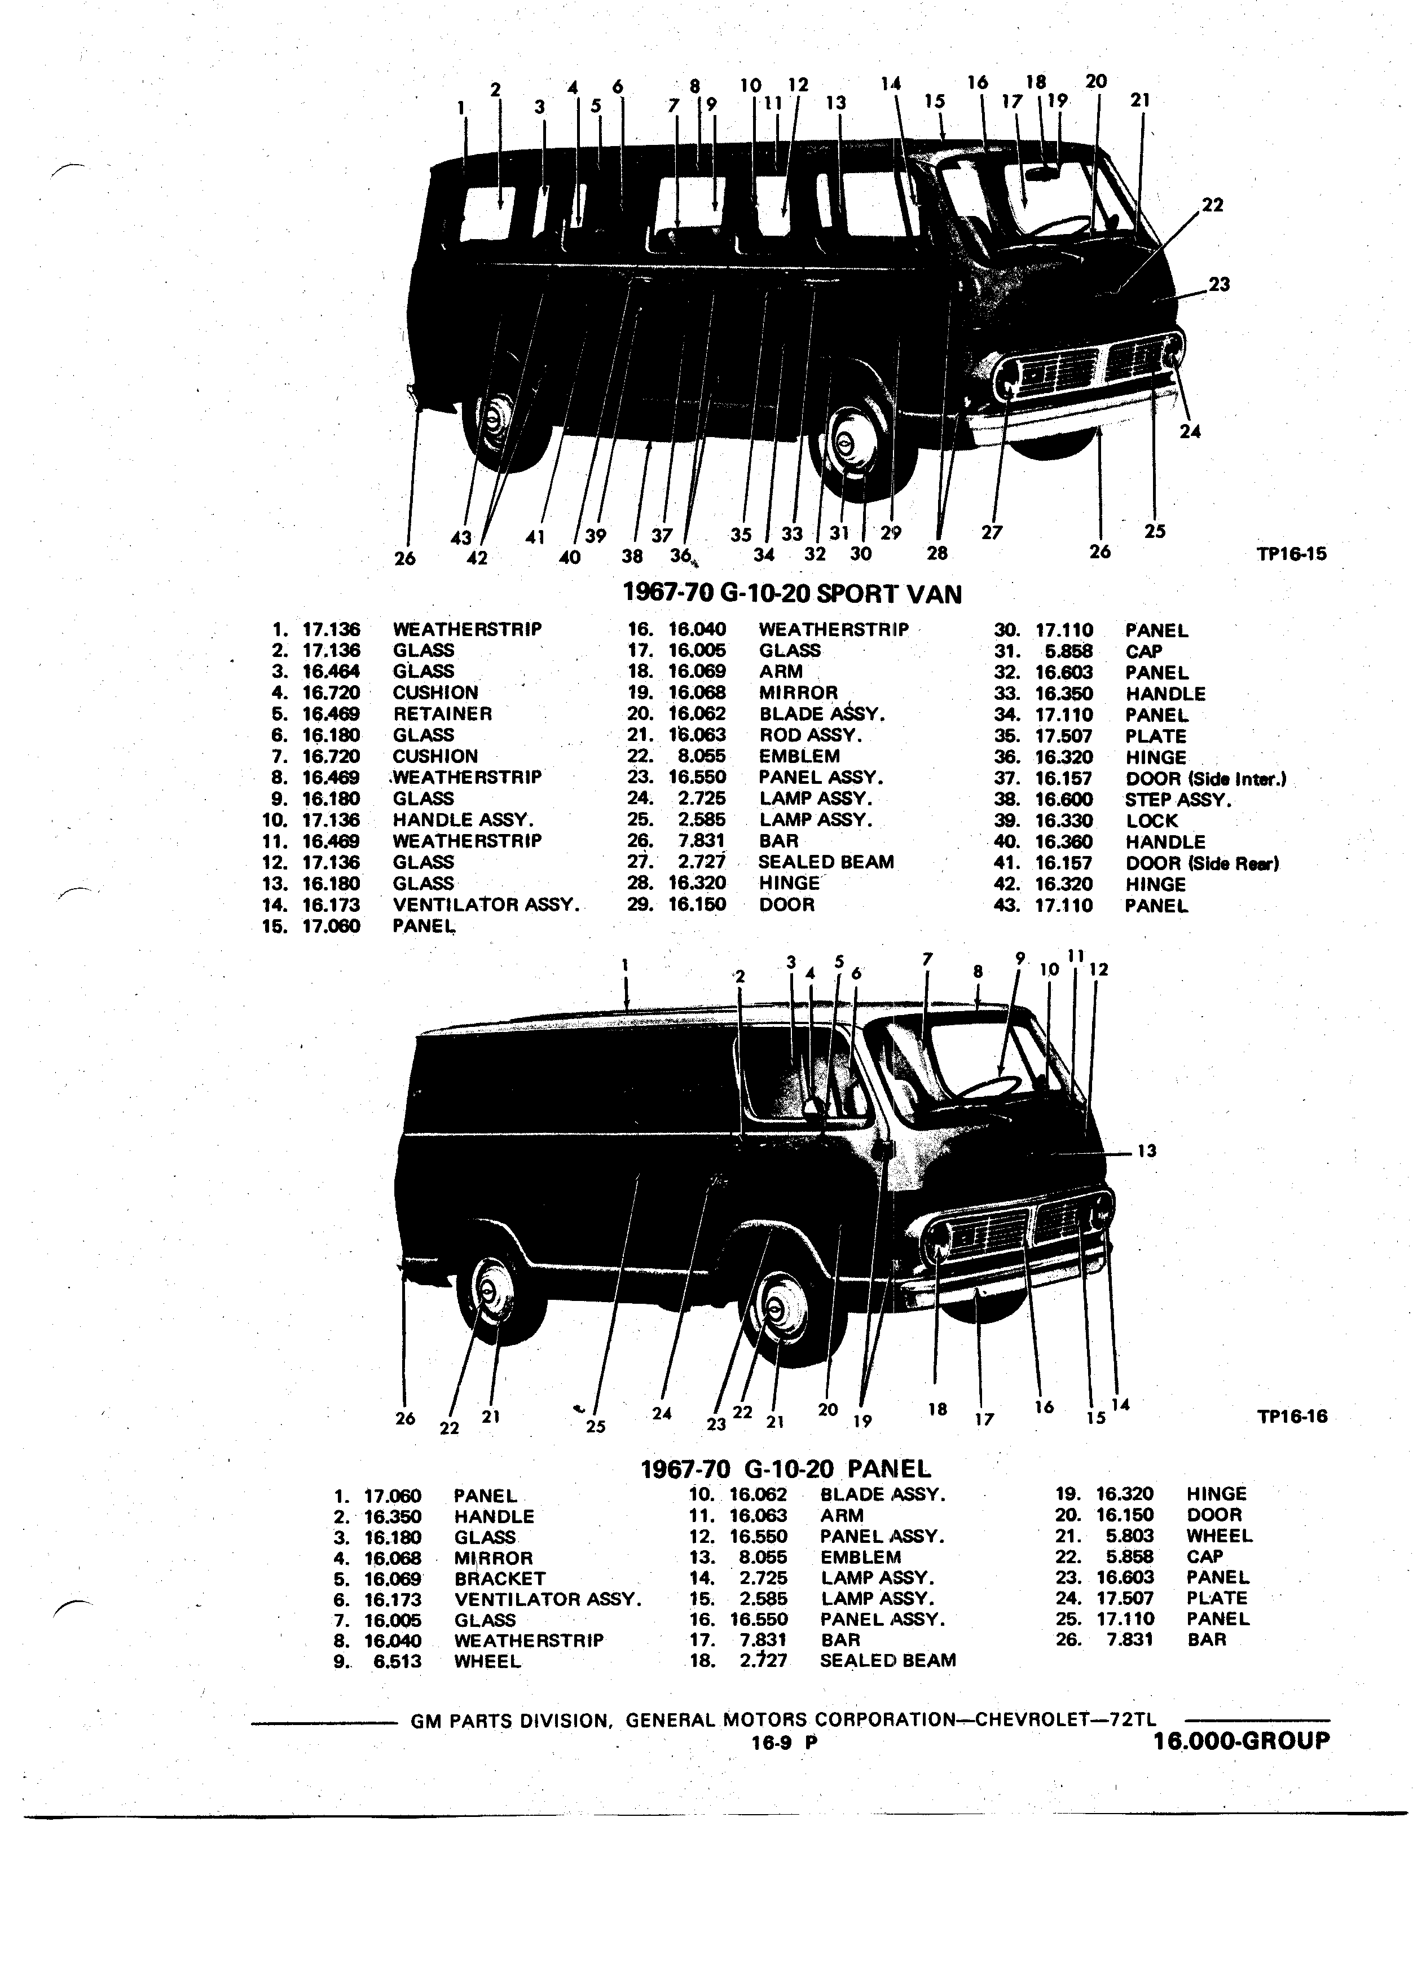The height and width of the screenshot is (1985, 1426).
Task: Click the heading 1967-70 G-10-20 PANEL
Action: coord(786,1468)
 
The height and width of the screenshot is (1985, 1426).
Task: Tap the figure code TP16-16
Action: coord(1291,1416)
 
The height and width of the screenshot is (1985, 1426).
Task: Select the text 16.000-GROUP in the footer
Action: coord(1242,1741)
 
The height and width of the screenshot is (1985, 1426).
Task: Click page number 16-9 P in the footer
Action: coord(784,1742)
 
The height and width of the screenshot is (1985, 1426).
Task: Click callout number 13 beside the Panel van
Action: coord(1147,1151)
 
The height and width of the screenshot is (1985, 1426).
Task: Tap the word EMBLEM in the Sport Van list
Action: coord(799,756)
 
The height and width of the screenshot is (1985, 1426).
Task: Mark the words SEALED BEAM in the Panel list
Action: coord(888,1660)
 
